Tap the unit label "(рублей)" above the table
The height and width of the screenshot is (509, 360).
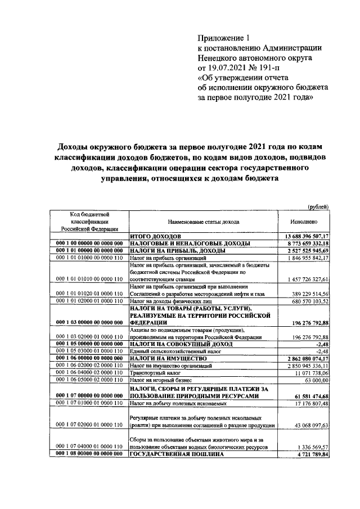point(317,207)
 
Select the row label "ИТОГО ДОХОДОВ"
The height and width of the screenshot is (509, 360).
point(156,235)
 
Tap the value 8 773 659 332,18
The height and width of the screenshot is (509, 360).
point(304,242)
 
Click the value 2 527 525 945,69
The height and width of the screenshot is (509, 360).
point(304,250)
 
